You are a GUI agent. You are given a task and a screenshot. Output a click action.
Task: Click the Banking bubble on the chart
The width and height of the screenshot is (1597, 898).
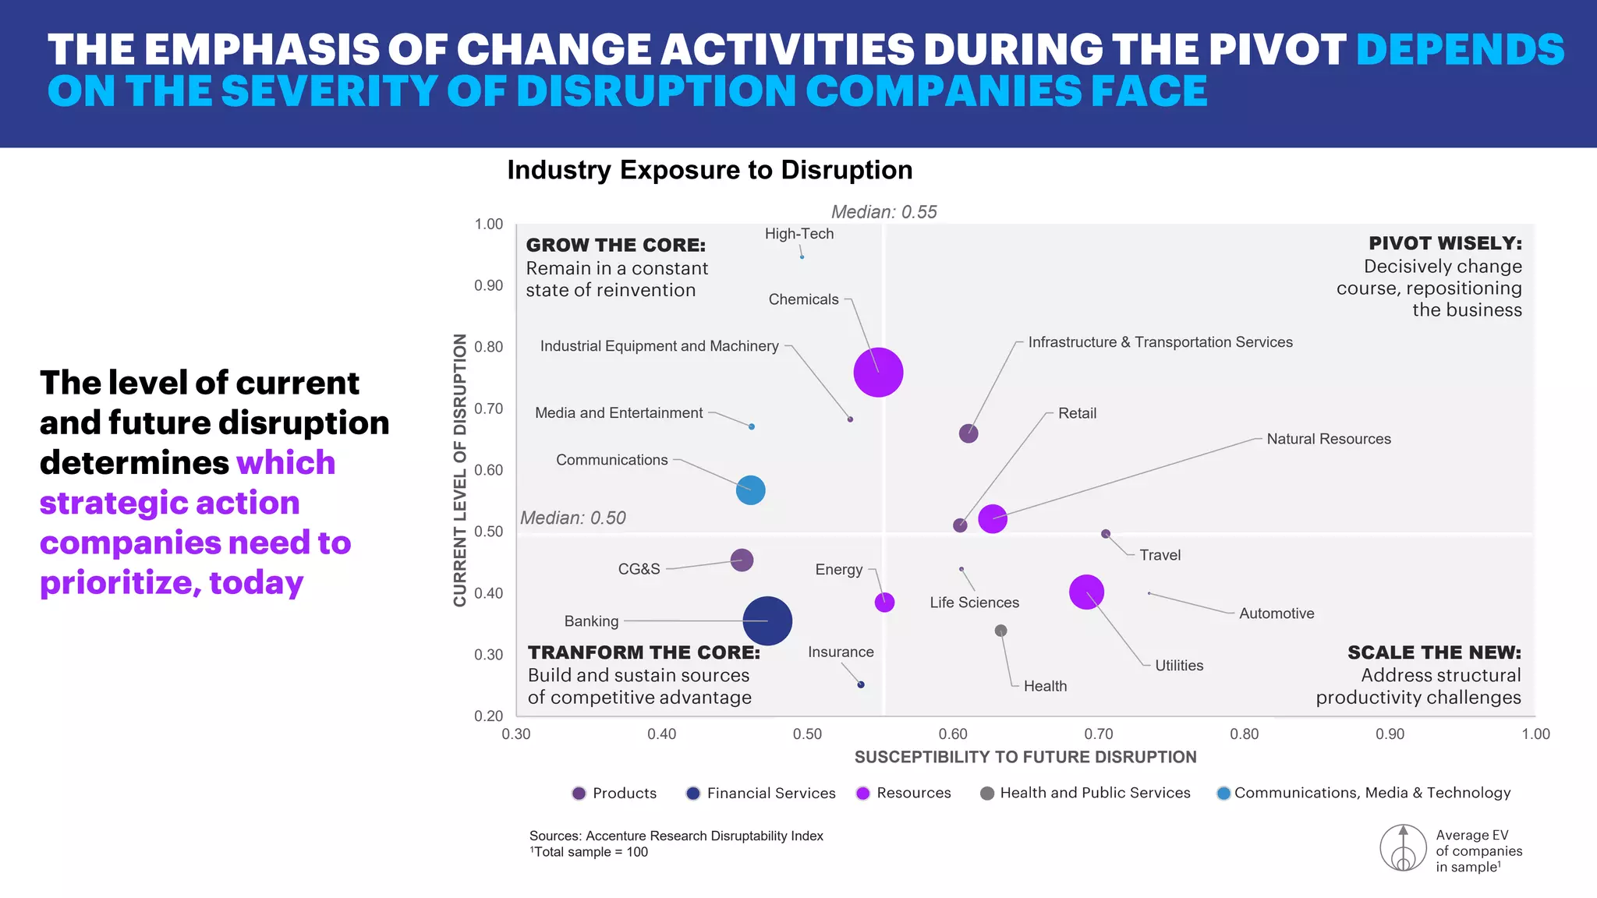click(767, 621)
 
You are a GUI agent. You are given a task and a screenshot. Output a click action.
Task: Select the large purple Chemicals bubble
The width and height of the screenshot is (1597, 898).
click(878, 373)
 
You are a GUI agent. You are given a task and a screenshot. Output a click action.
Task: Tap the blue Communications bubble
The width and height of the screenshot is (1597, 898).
click(750, 490)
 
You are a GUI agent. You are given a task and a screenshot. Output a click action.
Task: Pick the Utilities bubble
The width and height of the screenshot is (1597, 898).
click(1086, 592)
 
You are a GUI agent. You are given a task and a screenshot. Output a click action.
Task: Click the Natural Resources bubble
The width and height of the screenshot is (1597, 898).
click(992, 519)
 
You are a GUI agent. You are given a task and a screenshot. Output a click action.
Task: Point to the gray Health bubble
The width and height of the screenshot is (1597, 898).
click(1000, 631)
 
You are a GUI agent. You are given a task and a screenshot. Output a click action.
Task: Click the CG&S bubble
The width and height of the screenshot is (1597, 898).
click(742, 560)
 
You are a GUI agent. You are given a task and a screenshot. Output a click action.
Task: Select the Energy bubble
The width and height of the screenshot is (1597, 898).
click(884, 603)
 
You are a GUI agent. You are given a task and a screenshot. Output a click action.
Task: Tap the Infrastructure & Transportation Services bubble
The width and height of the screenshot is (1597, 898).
click(968, 434)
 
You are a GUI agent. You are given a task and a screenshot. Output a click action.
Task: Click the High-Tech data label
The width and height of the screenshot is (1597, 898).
click(798, 234)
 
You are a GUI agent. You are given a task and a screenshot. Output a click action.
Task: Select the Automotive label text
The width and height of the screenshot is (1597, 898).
click(1276, 613)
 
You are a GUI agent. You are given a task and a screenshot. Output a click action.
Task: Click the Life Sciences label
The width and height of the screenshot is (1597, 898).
click(974, 603)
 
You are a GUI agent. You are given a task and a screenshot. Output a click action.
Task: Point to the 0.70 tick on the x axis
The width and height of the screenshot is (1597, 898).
click(1098, 734)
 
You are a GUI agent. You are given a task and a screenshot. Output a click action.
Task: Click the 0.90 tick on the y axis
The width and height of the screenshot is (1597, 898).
click(489, 286)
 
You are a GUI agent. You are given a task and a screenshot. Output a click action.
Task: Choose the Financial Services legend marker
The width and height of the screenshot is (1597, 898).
click(692, 794)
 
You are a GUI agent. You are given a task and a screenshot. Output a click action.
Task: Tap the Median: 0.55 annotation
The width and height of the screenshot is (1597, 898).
click(883, 212)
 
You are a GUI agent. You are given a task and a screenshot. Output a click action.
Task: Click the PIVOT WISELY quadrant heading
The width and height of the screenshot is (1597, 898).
click(1445, 243)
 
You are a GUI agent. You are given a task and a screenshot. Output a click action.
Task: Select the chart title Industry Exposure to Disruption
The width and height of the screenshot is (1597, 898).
click(710, 170)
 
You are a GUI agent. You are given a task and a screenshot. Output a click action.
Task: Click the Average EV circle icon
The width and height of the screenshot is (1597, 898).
click(1403, 848)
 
